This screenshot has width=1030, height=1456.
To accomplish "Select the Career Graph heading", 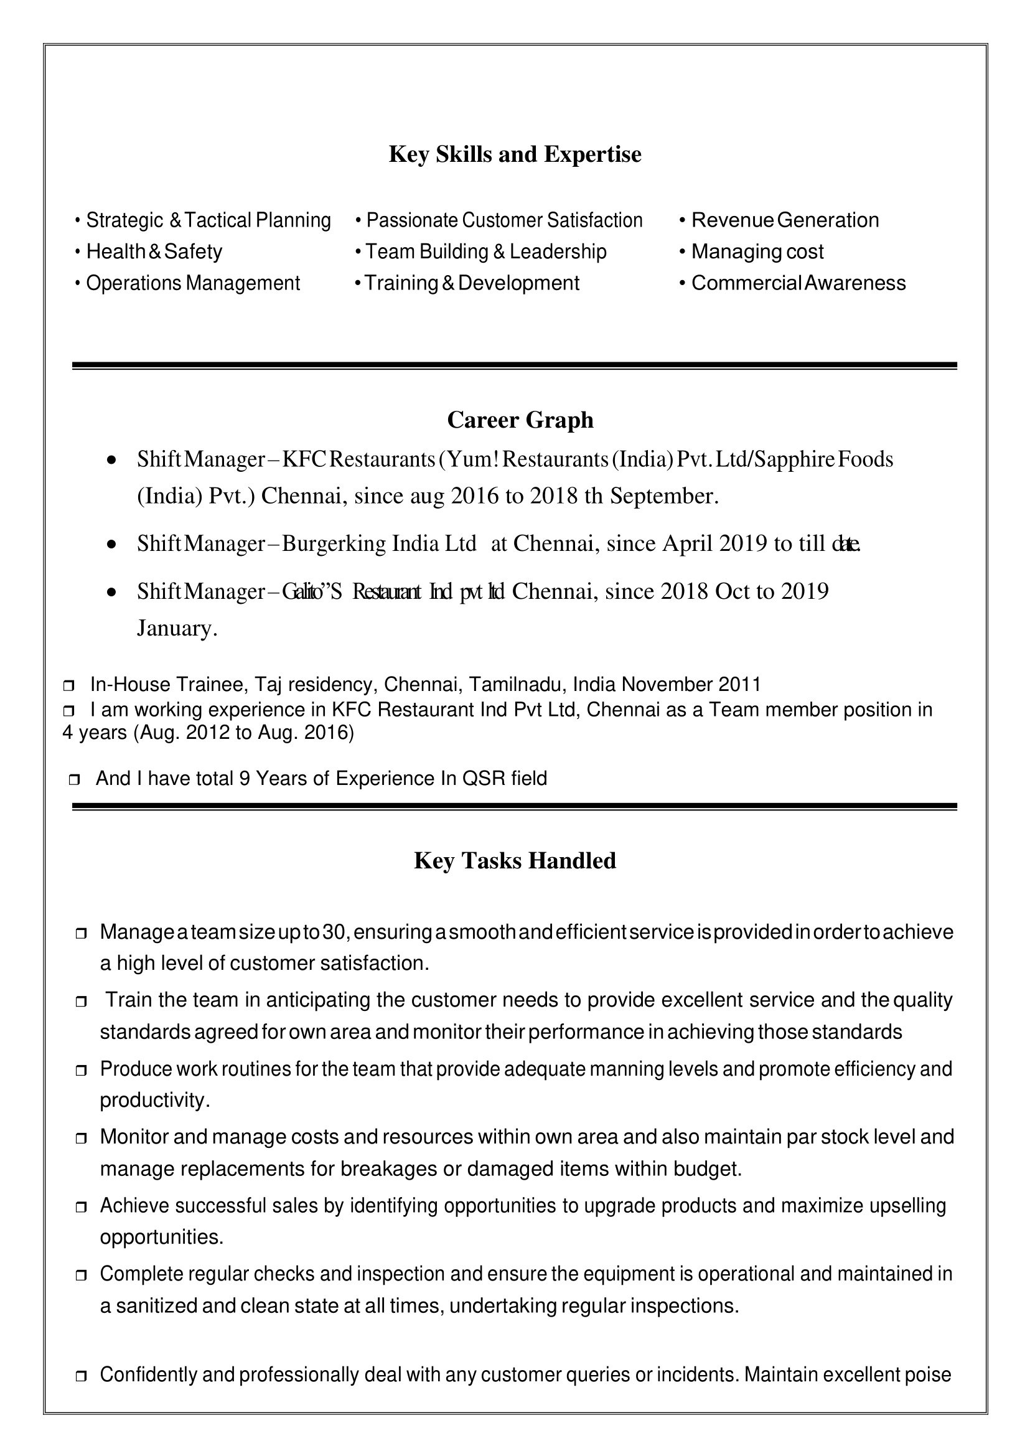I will pos(520,420).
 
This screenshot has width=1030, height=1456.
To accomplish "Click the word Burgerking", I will pos(334,543).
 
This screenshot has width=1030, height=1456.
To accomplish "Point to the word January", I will pos(176,628).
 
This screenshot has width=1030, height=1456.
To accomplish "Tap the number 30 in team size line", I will pos(333,932).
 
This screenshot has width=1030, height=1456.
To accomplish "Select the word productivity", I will pos(154,1100).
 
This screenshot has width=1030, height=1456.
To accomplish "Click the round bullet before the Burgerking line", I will pos(111,544).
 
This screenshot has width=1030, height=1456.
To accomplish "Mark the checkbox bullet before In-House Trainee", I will pos(69,686).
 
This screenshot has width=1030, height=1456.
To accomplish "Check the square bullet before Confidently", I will pos(80,1376).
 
